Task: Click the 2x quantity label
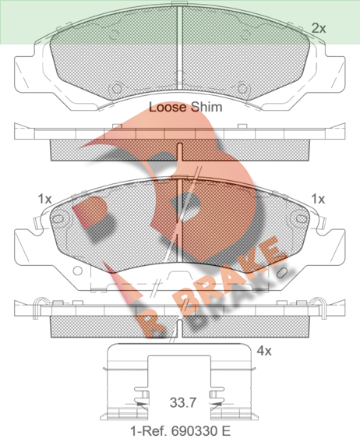[319, 28]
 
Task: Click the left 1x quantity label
[44, 199]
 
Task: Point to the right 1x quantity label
[318, 199]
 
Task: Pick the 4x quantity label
[264, 351]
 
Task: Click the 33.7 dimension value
[183, 402]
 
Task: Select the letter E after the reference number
[226, 430]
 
